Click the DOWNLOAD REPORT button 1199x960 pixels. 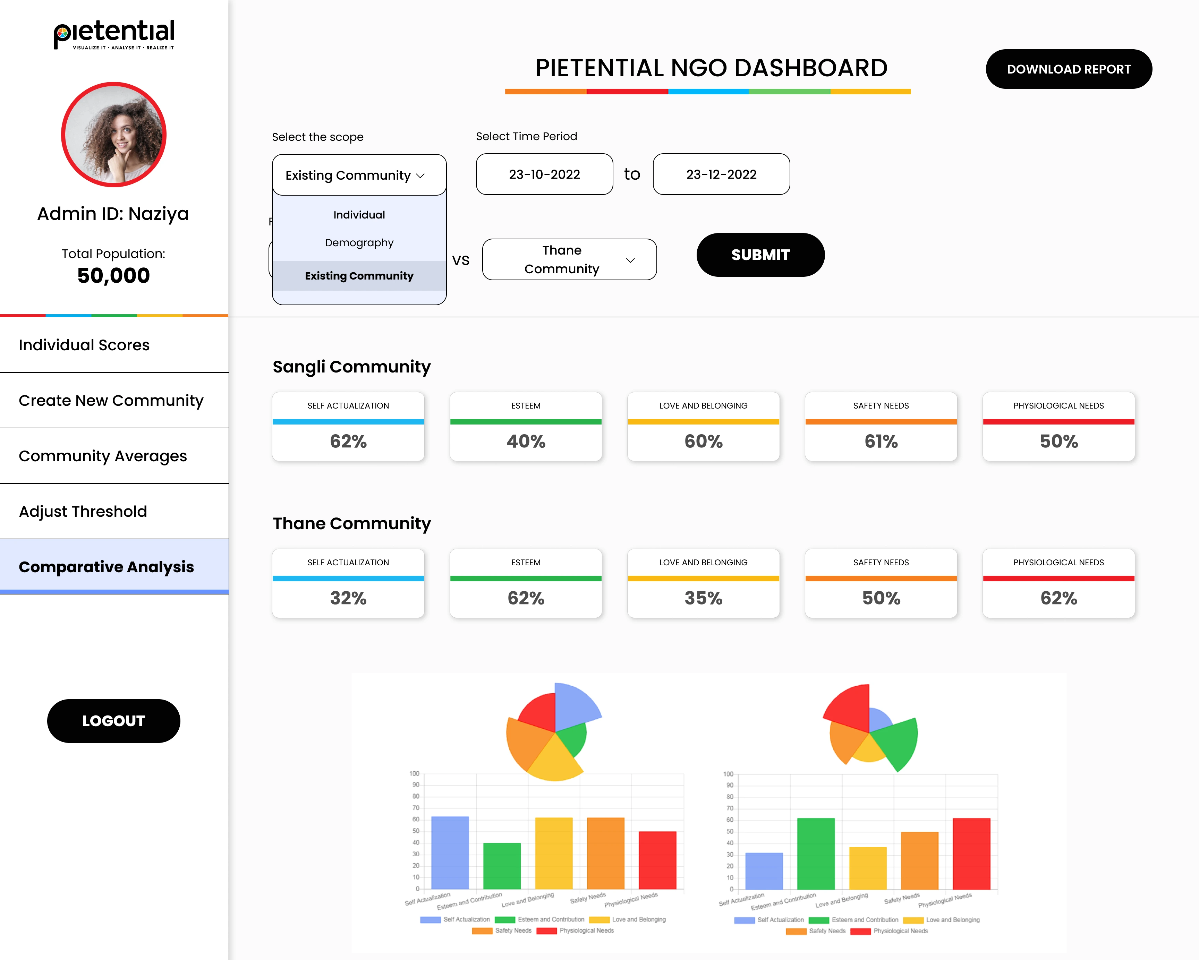click(x=1068, y=69)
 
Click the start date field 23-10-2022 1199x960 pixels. click(x=544, y=174)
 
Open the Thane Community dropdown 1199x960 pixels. click(x=569, y=259)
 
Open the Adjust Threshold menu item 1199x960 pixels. click(x=83, y=512)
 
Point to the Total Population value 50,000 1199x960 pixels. click(x=113, y=276)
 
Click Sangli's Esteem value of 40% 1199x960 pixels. click(x=526, y=442)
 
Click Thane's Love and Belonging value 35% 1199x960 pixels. click(x=703, y=598)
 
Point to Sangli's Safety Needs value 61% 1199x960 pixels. click(x=881, y=442)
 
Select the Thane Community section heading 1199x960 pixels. click(x=351, y=524)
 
